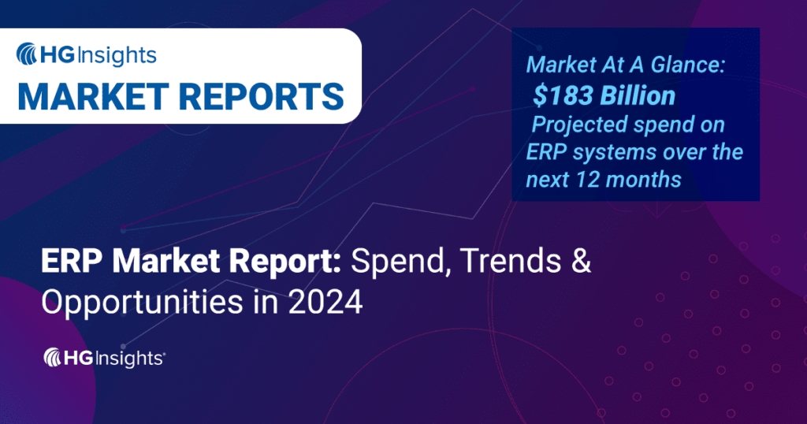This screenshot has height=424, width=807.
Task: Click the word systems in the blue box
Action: coord(627,151)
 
